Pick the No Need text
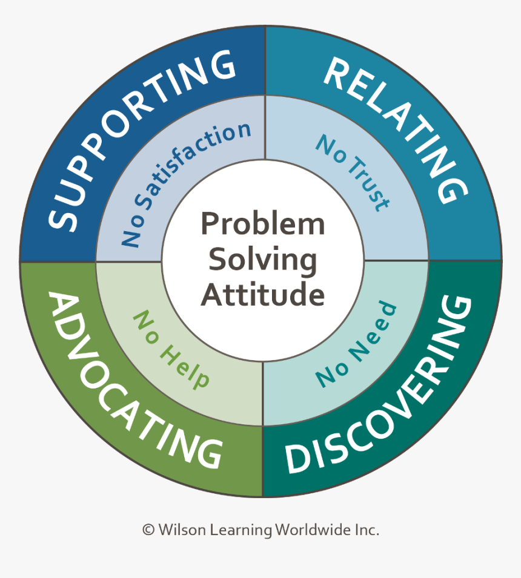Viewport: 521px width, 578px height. (357, 346)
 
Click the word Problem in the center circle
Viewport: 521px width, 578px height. (262, 224)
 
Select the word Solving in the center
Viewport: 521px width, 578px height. (262, 260)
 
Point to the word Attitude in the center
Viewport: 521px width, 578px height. (262, 295)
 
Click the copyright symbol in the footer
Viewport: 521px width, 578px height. (148, 530)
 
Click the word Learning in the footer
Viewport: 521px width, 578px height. (241, 531)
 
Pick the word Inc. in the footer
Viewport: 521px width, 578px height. (366, 530)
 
